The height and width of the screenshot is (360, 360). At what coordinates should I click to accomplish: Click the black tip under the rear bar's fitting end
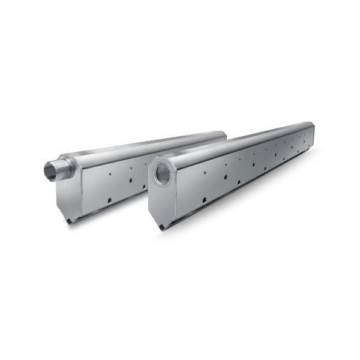70,221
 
